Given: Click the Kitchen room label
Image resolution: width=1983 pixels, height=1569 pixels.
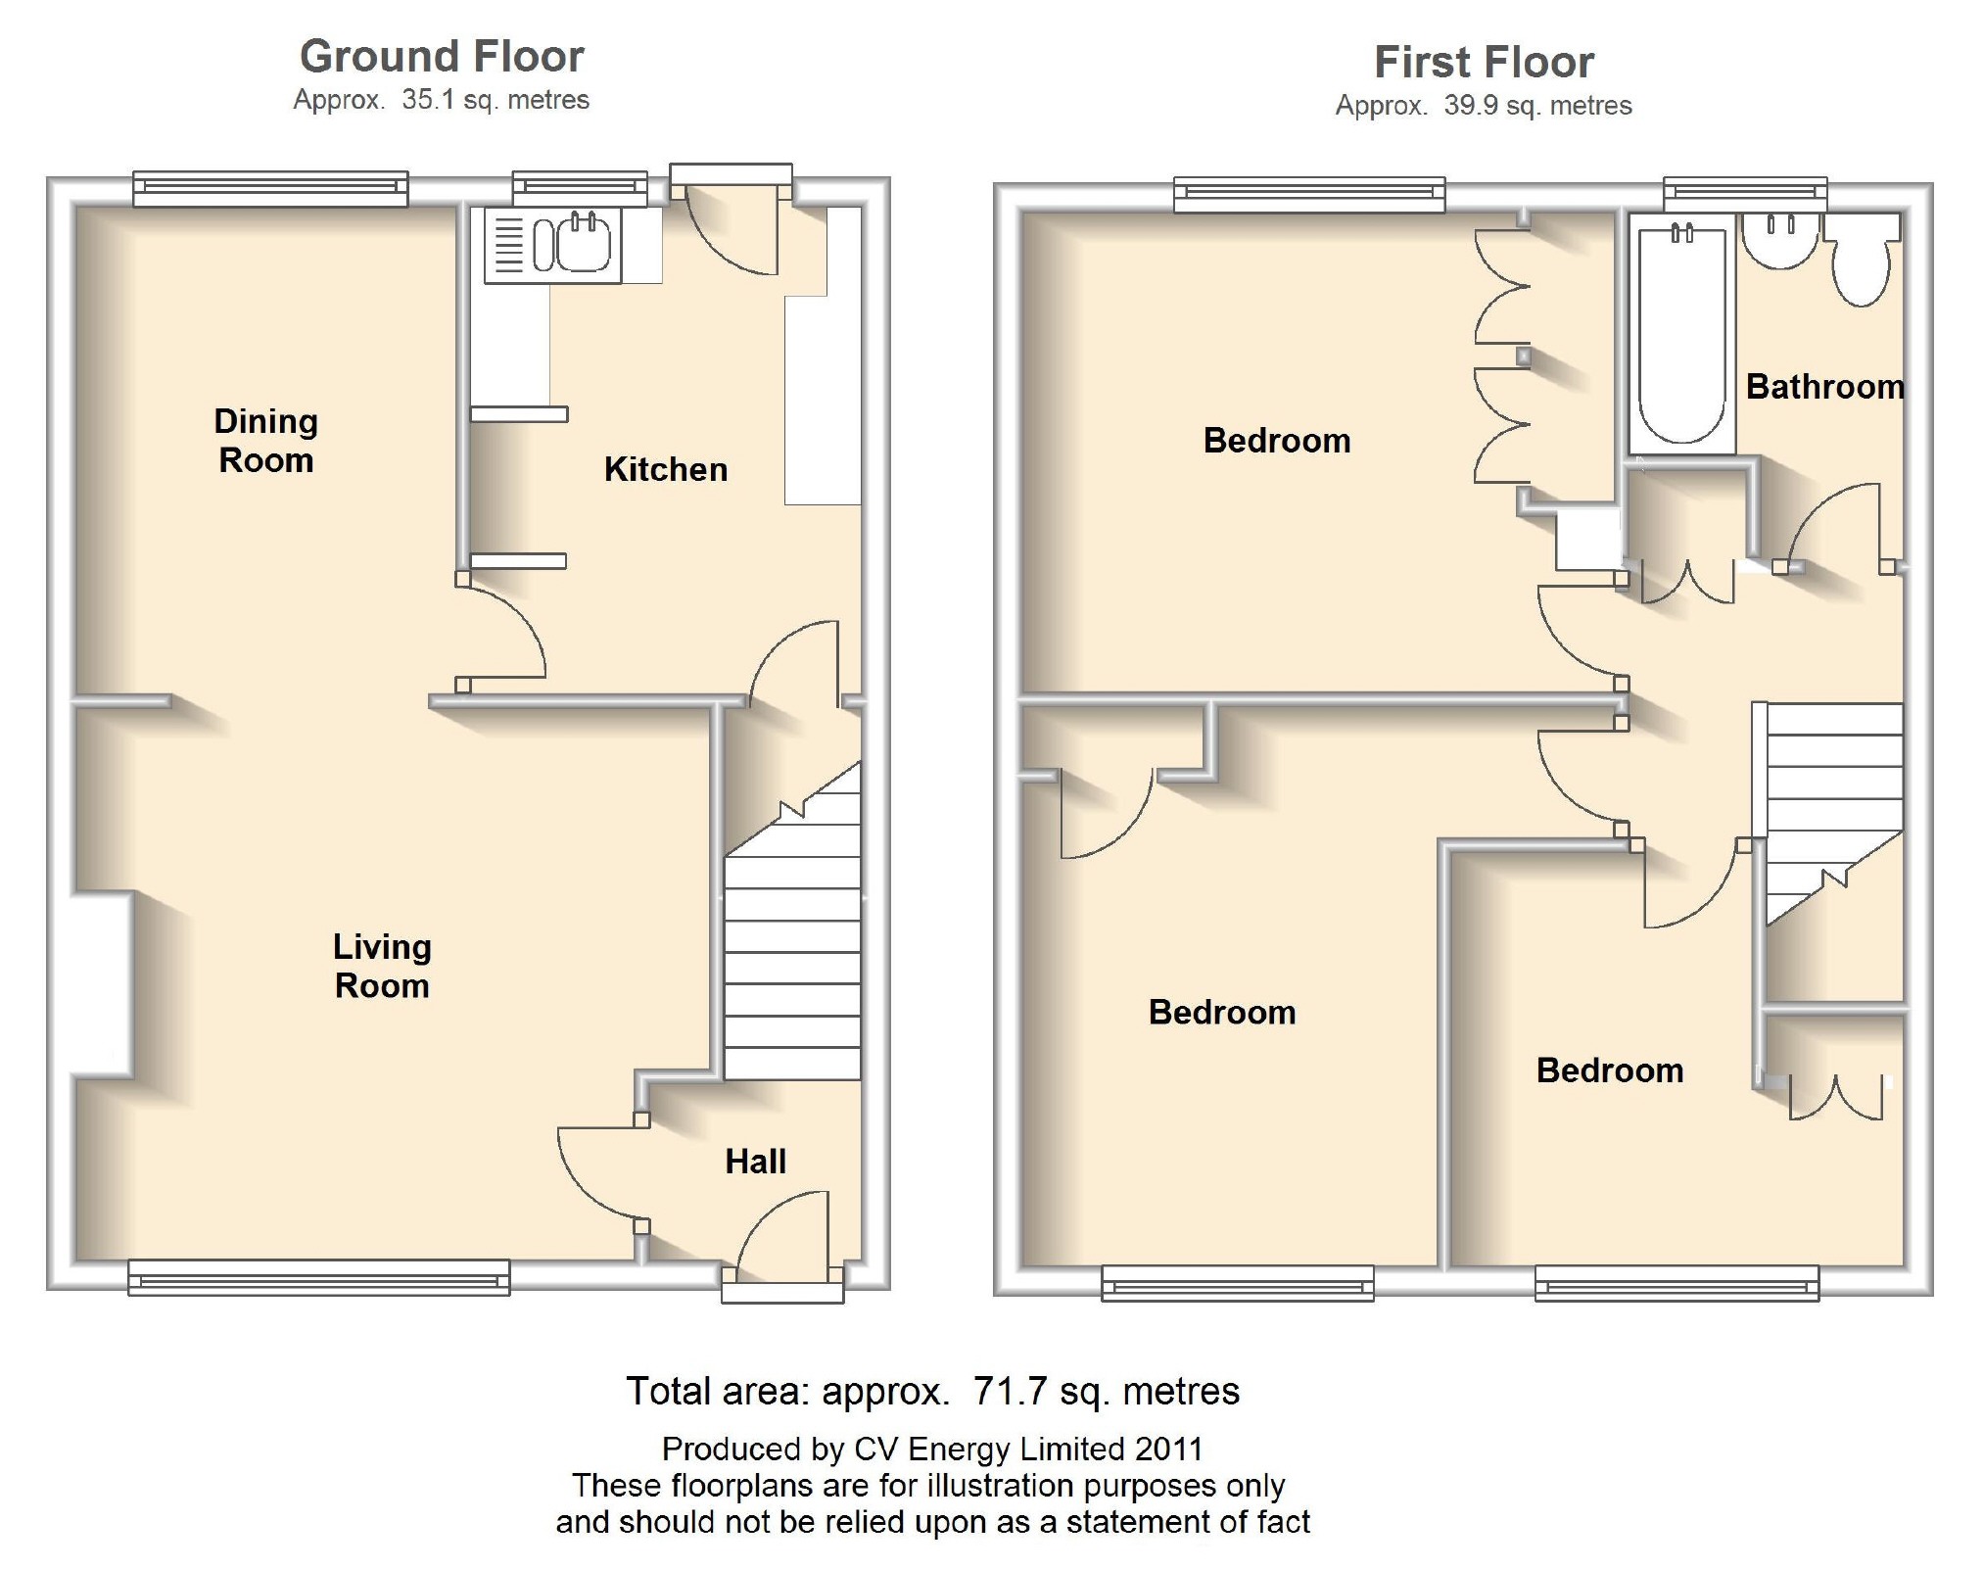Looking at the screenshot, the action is (x=666, y=470).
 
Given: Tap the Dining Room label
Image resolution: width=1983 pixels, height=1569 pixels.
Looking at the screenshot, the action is (x=266, y=441).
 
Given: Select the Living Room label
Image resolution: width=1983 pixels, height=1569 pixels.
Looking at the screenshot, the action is (x=382, y=966).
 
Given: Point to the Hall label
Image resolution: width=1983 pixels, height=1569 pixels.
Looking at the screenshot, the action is (x=755, y=1162).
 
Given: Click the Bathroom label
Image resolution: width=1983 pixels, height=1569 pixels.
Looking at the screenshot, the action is (x=1825, y=387).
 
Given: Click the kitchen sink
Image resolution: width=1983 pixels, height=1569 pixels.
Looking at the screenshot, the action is (x=553, y=245).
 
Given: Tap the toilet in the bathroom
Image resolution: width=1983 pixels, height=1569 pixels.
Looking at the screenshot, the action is (x=1861, y=260).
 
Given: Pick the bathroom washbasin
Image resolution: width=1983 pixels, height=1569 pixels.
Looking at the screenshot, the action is (x=1780, y=241).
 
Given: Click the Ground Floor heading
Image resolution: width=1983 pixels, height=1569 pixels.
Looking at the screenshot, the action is (x=442, y=57).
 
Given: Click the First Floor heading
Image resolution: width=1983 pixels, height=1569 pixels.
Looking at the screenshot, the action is (x=1484, y=63).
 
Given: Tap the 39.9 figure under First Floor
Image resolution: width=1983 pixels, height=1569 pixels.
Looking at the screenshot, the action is (x=1471, y=106).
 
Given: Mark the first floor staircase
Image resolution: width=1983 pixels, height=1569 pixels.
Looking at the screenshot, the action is (x=1834, y=814).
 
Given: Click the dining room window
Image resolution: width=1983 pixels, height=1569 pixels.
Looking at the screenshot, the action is (x=270, y=188).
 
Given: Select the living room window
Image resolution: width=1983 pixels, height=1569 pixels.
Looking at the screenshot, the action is (x=319, y=1278).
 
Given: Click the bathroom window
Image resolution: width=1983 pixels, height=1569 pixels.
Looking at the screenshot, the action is (x=1745, y=193).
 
